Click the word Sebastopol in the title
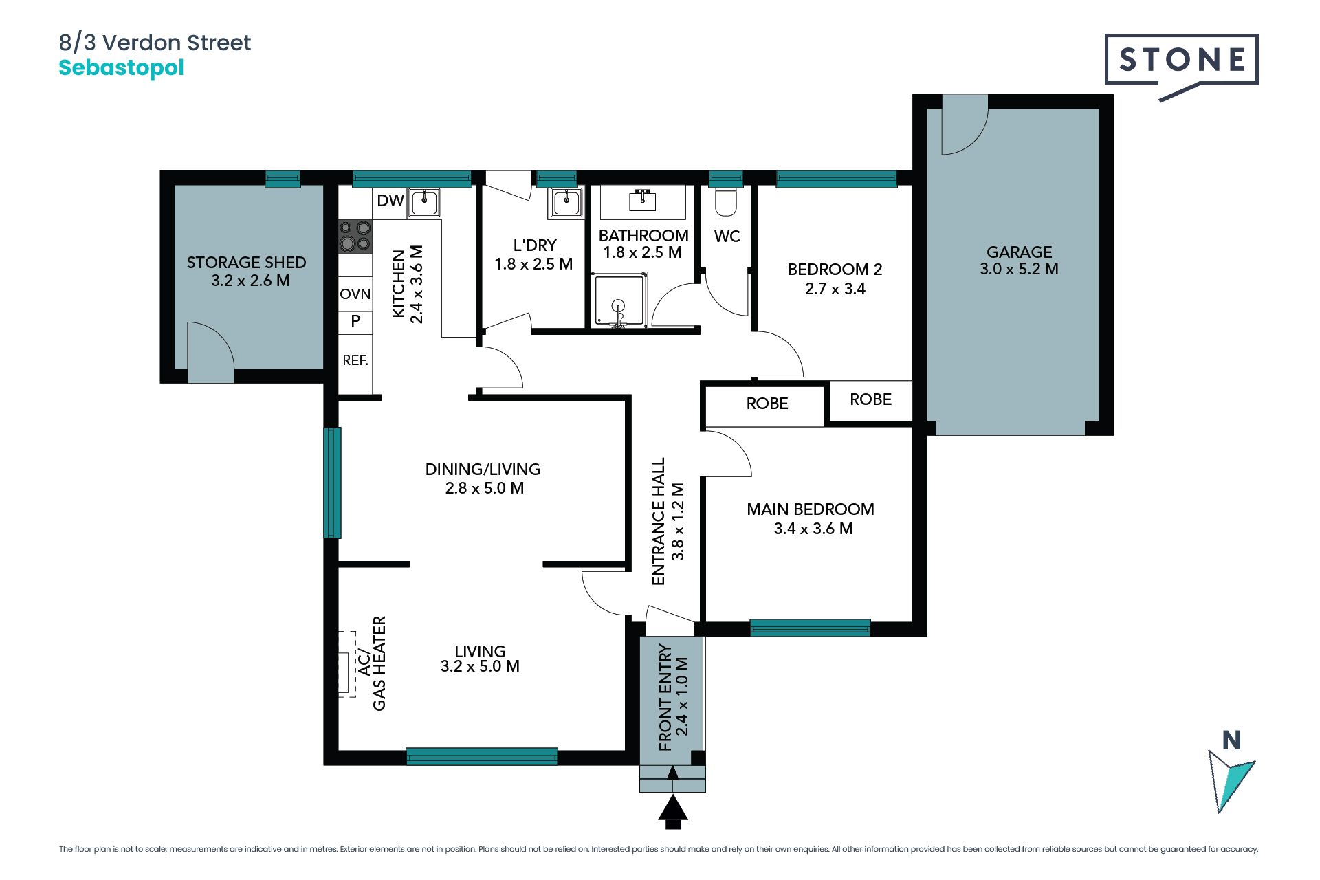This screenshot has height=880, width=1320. (x=121, y=68)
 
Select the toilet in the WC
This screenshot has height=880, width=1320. (x=726, y=201)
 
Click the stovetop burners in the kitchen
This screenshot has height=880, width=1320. (x=355, y=236)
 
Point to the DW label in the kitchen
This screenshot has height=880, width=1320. (x=390, y=201)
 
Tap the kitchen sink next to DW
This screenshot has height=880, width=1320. (x=424, y=202)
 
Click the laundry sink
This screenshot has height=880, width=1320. (x=566, y=202)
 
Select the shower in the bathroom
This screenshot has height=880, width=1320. (x=619, y=300)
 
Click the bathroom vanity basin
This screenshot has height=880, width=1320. (x=642, y=199)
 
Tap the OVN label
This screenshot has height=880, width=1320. (x=355, y=294)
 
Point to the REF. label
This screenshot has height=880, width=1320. (x=355, y=360)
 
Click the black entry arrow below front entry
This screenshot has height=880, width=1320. (x=673, y=811)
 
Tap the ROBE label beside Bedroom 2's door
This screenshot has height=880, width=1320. (x=767, y=404)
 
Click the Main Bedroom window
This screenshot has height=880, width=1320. (x=810, y=628)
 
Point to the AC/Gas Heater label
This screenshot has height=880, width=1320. (x=372, y=663)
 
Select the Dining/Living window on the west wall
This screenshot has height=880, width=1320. (x=332, y=482)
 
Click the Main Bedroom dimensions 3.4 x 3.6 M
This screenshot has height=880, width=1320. (x=813, y=529)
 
